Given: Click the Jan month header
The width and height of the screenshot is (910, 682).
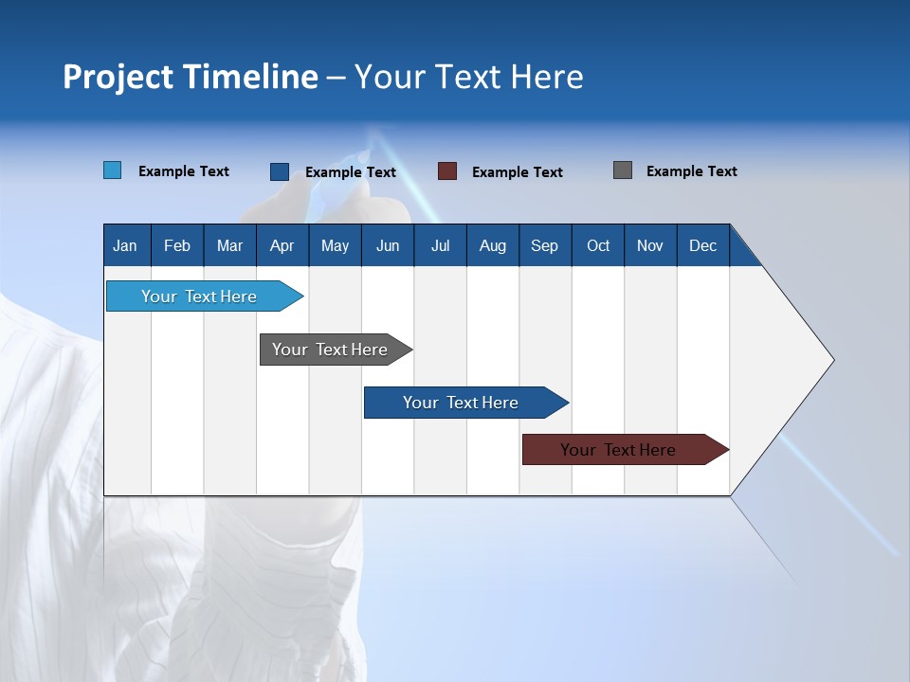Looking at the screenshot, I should [125, 246].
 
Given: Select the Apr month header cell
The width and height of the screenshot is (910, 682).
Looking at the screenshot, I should [282, 246].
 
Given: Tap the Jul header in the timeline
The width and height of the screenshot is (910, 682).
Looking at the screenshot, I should [440, 246].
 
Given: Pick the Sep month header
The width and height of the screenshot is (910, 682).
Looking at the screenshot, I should [544, 246].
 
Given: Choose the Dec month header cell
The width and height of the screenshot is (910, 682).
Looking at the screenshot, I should [702, 246].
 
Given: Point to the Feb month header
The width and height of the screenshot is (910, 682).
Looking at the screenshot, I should [177, 246].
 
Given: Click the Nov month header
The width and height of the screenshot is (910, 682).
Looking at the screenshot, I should [649, 246].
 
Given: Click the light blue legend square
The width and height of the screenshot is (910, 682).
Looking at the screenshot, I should [112, 170].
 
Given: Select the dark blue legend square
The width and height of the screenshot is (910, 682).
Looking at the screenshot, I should [279, 171].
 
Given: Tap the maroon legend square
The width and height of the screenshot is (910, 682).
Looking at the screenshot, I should [446, 171].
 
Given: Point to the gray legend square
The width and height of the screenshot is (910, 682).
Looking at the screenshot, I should [622, 170].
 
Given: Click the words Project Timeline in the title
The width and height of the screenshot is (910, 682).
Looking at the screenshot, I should [190, 77].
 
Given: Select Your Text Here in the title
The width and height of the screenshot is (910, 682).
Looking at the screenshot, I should [468, 77].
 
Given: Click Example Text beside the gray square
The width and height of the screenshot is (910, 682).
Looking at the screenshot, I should [691, 171].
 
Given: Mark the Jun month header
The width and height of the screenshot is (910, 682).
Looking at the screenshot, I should [388, 246].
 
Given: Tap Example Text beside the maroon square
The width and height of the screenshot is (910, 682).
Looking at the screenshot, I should [517, 172].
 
